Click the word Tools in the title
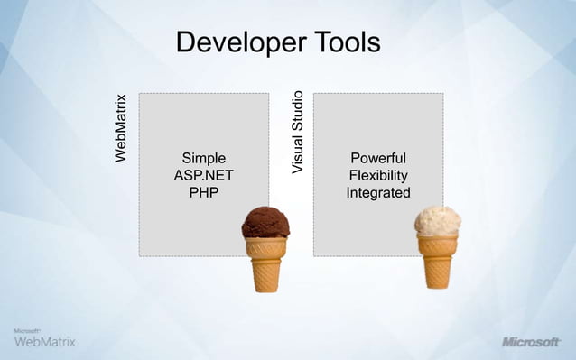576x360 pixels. [x=346, y=42]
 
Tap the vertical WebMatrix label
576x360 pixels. [x=121, y=128]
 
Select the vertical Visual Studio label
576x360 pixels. [x=297, y=132]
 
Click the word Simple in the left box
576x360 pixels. [x=203, y=159]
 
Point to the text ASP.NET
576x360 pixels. [x=203, y=176]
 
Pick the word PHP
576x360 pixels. [x=203, y=193]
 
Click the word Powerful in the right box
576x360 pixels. [x=377, y=159]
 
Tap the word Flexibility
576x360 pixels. [x=377, y=176]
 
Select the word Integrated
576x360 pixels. [x=377, y=193]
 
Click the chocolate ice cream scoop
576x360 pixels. [x=265, y=221]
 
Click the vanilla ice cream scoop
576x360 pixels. [x=438, y=220]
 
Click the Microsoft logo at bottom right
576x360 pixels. [x=531, y=343]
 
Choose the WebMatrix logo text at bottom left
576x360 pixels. [x=45, y=342]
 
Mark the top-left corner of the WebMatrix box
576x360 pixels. [x=139, y=93]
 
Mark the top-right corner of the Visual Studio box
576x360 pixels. [x=443, y=93]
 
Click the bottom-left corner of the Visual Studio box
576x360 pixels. [x=313, y=256]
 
